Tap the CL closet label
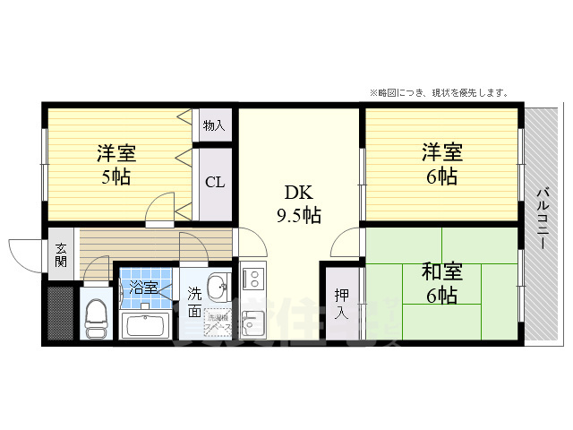[215, 183]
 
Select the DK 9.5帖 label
[298, 204]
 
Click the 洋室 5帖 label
[115, 164]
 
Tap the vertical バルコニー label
[543, 224]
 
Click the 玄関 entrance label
[61, 255]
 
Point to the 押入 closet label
[342, 305]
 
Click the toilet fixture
[96, 315]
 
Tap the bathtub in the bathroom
[145, 323]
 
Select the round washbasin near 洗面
[217, 288]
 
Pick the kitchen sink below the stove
[251, 321]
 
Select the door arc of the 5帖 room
[161, 207]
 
